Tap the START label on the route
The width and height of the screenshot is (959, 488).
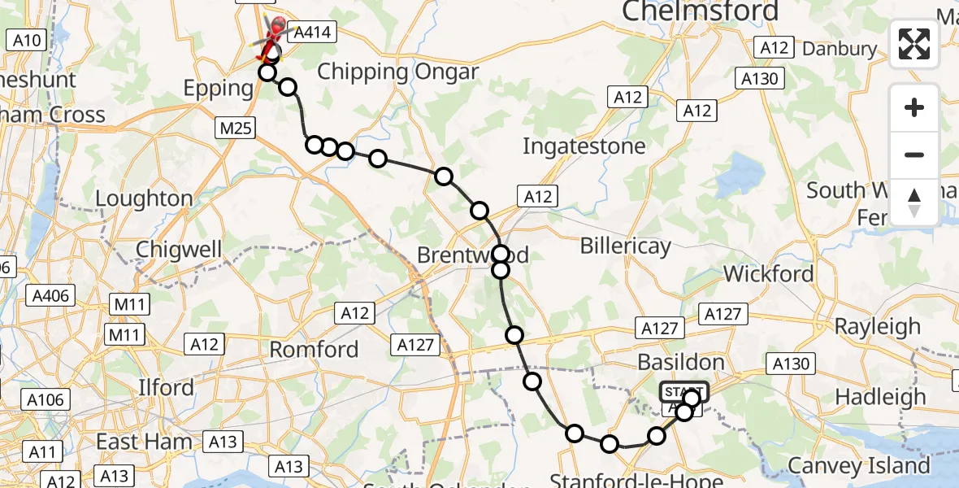(x=683, y=391)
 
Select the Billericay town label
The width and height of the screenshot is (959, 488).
(x=626, y=246)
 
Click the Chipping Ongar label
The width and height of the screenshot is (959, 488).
(x=397, y=71)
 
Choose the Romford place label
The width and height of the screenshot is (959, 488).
(x=314, y=350)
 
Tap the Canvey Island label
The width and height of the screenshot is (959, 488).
(x=859, y=466)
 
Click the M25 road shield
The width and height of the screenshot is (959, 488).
(x=236, y=128)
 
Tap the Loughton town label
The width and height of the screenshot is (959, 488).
(x=144, y=198)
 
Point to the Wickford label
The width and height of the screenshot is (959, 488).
(x=768, y=273)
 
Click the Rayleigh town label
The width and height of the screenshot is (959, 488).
(x=878, y=326)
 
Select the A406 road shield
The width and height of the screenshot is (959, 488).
(x=50, y=295)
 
